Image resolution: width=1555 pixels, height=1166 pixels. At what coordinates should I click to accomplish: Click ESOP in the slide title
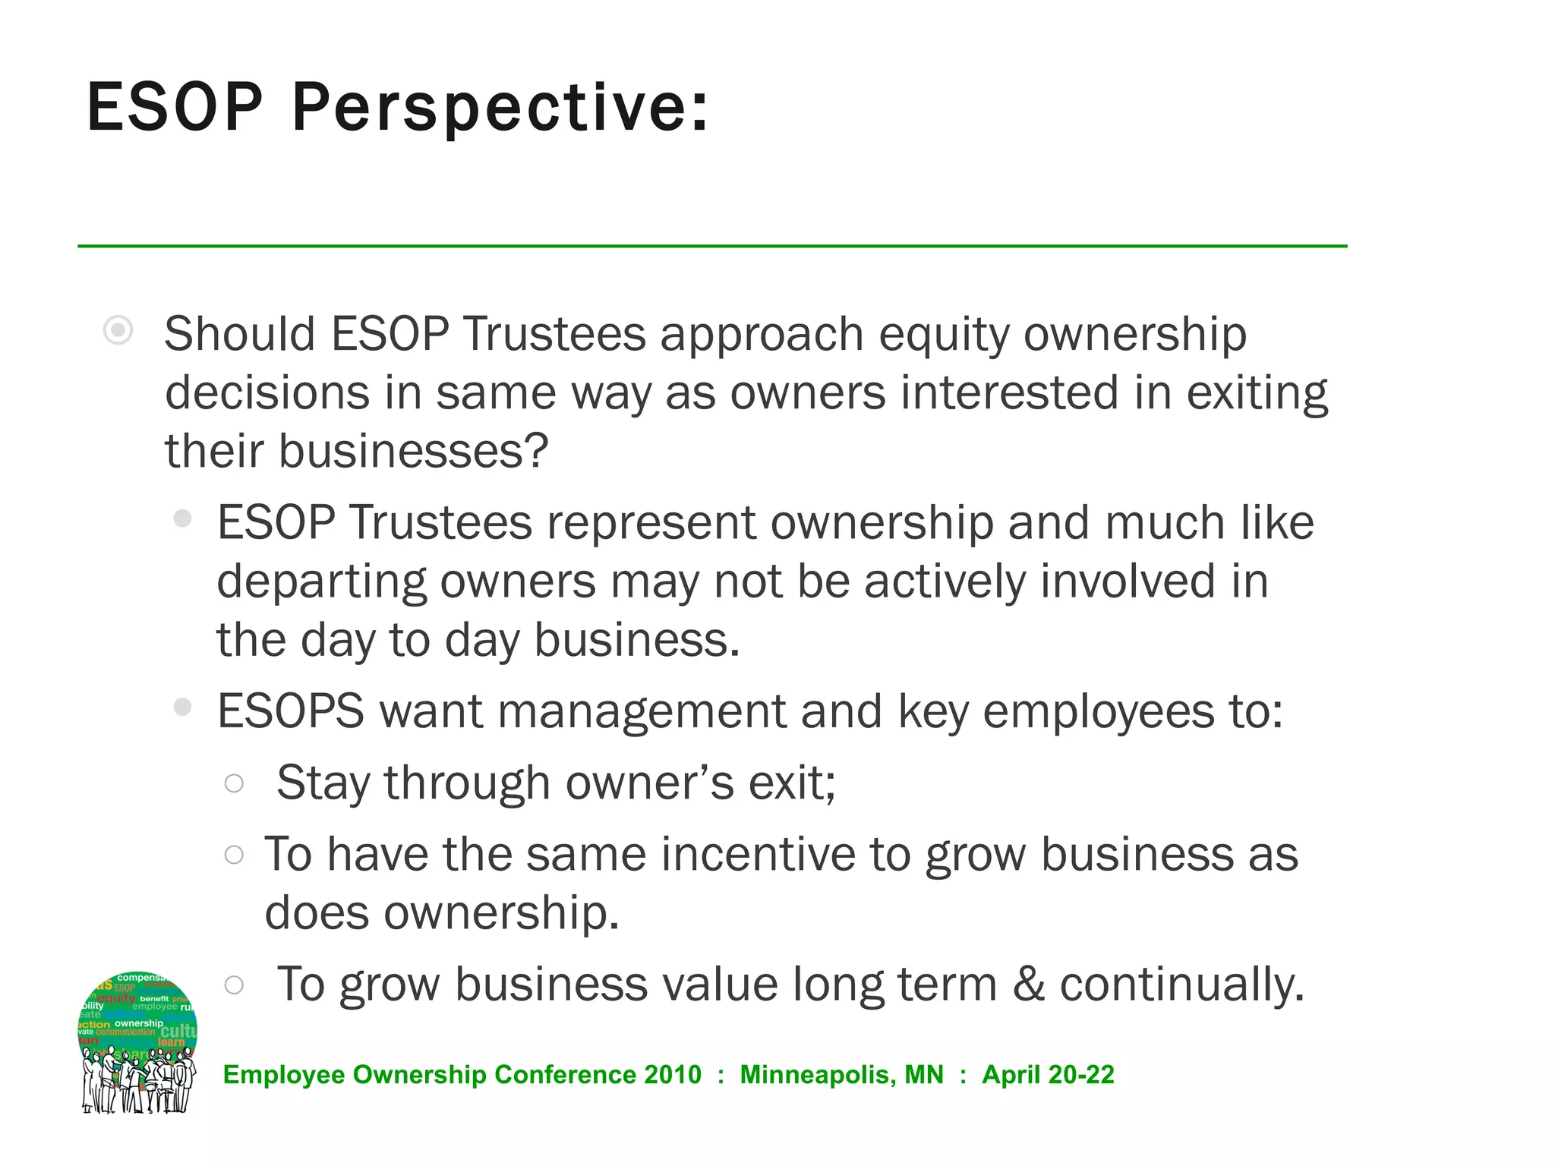[175, 108]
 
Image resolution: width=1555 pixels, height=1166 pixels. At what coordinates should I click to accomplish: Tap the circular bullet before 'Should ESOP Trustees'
[118, 330]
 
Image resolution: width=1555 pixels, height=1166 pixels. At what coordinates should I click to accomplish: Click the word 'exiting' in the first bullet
[1257, 393]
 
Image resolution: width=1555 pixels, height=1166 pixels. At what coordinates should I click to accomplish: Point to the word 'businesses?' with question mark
[413, 451]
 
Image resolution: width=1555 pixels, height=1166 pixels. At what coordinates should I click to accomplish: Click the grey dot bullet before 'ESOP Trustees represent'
[182, 518]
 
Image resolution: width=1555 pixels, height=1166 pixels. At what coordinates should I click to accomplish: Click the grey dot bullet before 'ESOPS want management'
[182, 707]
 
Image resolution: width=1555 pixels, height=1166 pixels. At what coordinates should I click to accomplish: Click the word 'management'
[642, 712]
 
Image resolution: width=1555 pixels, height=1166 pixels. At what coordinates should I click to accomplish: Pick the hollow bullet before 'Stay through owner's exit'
[234, 783]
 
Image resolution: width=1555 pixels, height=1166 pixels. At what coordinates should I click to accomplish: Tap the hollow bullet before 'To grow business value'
[234, 985]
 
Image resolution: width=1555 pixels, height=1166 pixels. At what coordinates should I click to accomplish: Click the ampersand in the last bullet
[1028, 984]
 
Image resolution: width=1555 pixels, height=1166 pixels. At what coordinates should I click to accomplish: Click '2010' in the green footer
[672, 1075]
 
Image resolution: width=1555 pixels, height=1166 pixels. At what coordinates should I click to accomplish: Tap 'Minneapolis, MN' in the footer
[841, 1075]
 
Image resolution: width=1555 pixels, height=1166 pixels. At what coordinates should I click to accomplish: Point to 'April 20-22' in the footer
[1048, 1075]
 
